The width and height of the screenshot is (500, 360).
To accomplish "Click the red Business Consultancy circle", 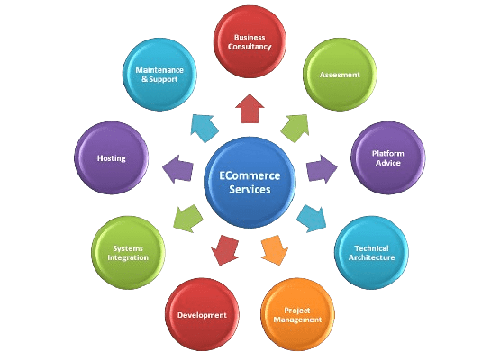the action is (250, 41).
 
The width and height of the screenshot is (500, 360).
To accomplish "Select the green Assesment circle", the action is (340, 75).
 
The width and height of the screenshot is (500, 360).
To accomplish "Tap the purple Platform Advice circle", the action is (388, 158).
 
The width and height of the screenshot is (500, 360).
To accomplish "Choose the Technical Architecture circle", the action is (371, 253).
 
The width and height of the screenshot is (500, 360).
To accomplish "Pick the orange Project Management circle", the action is (297, 315).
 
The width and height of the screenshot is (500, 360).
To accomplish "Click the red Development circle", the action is (202, 315).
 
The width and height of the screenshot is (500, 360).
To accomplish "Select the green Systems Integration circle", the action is (128, 253).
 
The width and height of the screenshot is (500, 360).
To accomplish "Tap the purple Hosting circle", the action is (112, 158).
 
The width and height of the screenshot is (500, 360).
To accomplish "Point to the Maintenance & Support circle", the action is (159, 75).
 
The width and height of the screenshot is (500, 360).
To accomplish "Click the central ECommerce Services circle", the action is (250, 183).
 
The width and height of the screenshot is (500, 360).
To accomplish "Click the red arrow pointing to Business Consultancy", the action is (250, 109).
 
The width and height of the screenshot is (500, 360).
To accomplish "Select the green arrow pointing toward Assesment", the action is (295, 128).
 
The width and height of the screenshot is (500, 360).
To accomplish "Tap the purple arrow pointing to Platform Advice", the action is (322, 169).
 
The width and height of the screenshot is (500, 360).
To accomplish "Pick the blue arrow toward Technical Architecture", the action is (312, 219).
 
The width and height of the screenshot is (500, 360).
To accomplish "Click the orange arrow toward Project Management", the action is (274, 250).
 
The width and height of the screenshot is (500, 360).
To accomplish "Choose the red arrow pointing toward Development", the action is (225, 250).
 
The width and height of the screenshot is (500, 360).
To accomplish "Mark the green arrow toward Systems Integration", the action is (188, 219).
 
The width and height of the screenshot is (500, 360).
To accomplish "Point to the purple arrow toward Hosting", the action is (178, 169).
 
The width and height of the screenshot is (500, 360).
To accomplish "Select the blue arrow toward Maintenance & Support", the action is (205, 128).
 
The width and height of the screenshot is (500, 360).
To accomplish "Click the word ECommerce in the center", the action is (250, 175).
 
